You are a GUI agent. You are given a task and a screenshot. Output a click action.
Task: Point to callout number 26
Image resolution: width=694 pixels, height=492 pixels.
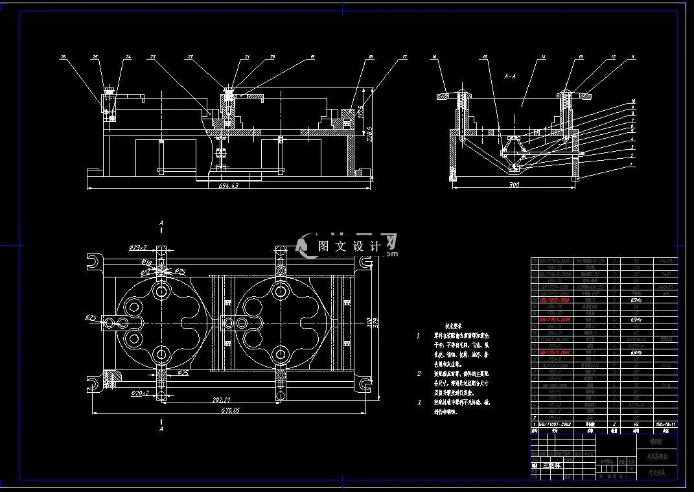[x=64, y=58]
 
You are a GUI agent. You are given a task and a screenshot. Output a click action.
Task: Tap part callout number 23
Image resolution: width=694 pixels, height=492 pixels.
[x=153, y=58]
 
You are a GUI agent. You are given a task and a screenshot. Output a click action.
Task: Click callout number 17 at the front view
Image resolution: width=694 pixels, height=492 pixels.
[x=404, y=58]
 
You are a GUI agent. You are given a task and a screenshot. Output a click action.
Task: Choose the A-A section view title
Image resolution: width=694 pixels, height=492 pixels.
[x=509, y=76]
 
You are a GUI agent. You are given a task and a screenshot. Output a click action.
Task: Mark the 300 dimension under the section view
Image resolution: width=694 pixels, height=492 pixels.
[x=514, y=185]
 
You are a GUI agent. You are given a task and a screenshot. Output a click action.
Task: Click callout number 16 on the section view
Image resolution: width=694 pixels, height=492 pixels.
[x=434, y=58]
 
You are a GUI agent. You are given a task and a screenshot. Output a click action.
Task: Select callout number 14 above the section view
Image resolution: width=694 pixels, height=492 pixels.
[x=542, y=58]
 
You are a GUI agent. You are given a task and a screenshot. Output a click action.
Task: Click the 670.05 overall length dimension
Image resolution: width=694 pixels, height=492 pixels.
[x=230, y=410]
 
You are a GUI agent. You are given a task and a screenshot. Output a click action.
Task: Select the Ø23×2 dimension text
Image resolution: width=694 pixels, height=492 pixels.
[x=138, y=247]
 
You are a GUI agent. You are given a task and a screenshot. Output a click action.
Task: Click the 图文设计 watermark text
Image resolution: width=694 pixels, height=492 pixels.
[x=348, y=246]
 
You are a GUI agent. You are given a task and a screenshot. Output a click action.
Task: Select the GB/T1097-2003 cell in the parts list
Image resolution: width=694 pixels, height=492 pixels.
[x=553, y=424]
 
